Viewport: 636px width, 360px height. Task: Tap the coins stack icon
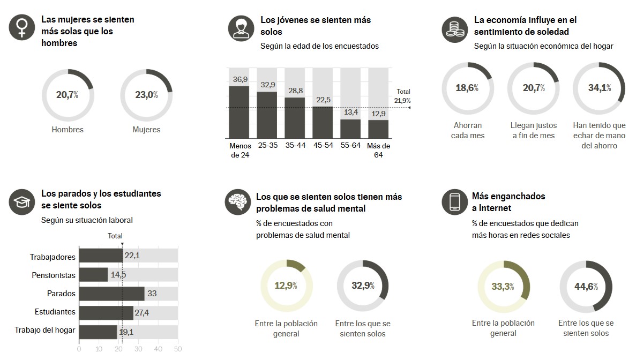(x=454, y=29)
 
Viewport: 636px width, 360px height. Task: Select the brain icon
(x=237, y=202)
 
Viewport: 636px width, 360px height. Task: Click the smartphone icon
(x=454, y=202)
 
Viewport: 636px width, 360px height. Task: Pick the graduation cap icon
(x=21, y=202)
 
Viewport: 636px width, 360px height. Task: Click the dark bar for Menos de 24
(x=239, y=112)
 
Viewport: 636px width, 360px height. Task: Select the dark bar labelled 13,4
(x=350, y=129)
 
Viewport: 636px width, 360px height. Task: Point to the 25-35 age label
(x=267, y=145)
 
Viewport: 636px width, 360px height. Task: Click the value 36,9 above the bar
(x=240, y=79)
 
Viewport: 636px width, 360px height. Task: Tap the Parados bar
(x=111, y=294)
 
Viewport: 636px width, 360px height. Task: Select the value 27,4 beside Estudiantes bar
(x=142, y=312)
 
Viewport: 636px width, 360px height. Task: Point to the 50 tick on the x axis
(x=178, y=349)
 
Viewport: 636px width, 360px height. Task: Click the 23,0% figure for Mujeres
(x=146, y=95)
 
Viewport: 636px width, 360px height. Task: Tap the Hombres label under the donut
(x=68, y=130)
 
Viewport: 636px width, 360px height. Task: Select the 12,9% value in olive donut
(x=286, y=285)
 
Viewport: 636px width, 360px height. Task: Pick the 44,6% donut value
(x=586, y=286)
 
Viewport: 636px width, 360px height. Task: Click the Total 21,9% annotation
(x=402, y=96)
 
